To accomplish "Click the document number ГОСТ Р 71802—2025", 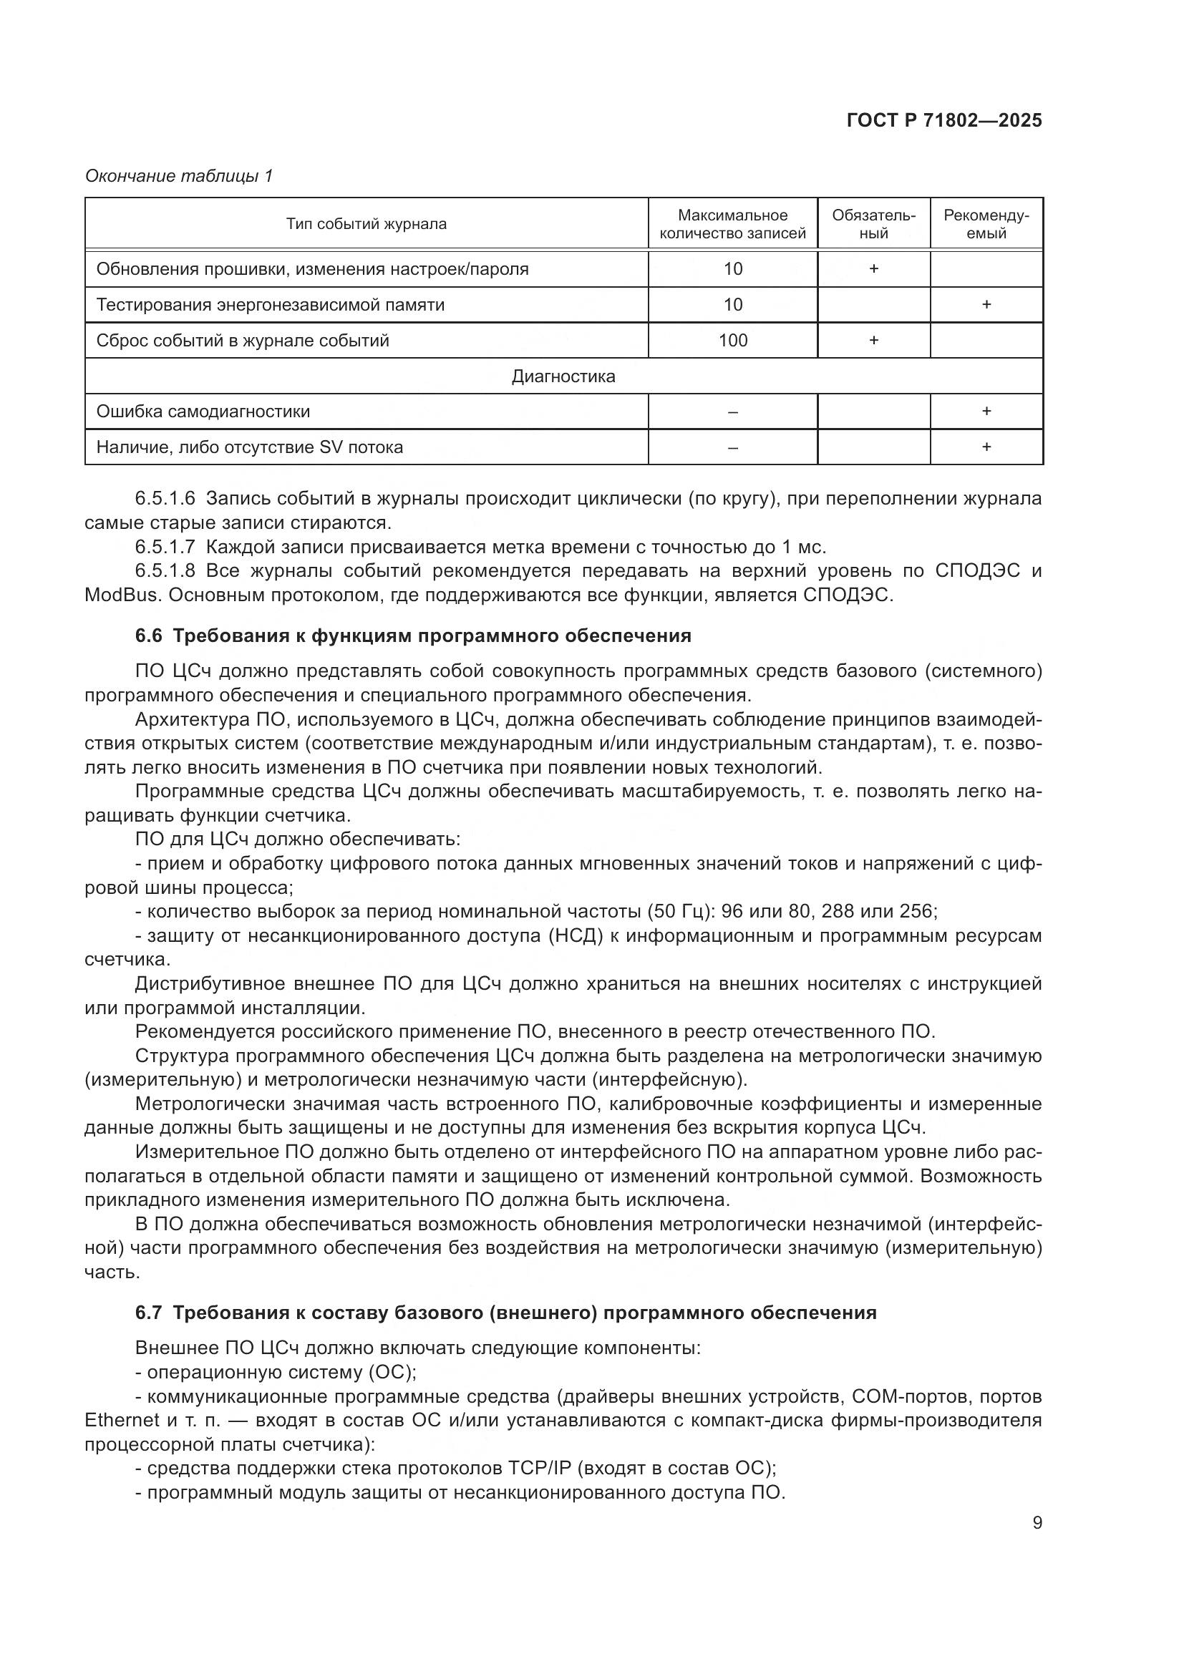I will [x=944, y=120].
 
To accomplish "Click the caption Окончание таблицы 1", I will [x=179, y=176].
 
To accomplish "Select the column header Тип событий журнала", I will [x=366, y=224].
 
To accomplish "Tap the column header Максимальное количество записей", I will [x=732, y=224].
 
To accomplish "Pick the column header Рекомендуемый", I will [x=986, y=224].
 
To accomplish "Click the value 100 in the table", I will [x=733, y=341].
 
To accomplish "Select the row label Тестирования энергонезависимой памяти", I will [x=271, y=305].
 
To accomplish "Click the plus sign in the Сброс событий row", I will [x=873, y=341].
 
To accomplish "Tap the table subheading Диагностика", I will [x=563, y=376].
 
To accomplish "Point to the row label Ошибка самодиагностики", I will [x=203, y=412].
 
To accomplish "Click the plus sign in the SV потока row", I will [x=986, y=447].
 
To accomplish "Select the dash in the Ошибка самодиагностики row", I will [x=733, y=412].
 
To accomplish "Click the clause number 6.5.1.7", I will [x=165, y=547].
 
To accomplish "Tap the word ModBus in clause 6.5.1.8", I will [x=122, y=595].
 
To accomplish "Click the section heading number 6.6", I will [x=148, y=636].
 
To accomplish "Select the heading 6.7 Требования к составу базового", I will [x=505, y=1313].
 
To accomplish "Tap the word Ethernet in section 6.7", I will [x=122, y=1420].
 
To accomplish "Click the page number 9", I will [x=1037, y=1523].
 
